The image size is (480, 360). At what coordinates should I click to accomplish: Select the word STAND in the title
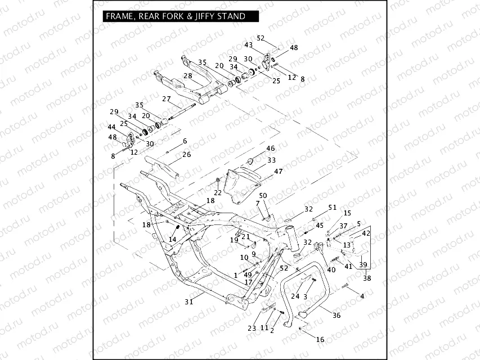[231, 16]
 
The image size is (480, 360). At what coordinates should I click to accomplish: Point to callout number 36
[336, 316]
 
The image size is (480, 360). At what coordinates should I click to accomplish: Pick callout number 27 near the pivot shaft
[166, 99]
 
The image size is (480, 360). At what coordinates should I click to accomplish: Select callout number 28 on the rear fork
[187, 76]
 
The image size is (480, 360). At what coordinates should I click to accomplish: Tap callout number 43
[248, 45]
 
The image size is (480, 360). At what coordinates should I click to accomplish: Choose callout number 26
[186, 154]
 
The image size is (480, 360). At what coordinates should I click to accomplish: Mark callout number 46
[270, 148]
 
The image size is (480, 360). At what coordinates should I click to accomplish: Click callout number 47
[278, 170]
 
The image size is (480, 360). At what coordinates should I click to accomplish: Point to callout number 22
[217, 193]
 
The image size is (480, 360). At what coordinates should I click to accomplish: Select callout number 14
[172, 239]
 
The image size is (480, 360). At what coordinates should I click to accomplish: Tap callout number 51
[332, 208]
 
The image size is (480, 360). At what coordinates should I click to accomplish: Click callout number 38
[367, 277]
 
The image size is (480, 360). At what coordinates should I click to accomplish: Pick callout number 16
[320, 340]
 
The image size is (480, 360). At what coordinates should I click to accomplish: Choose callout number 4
[362, 296]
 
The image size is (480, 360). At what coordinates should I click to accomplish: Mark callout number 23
[252, 328]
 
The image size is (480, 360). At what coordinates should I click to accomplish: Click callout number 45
[320, 226]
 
